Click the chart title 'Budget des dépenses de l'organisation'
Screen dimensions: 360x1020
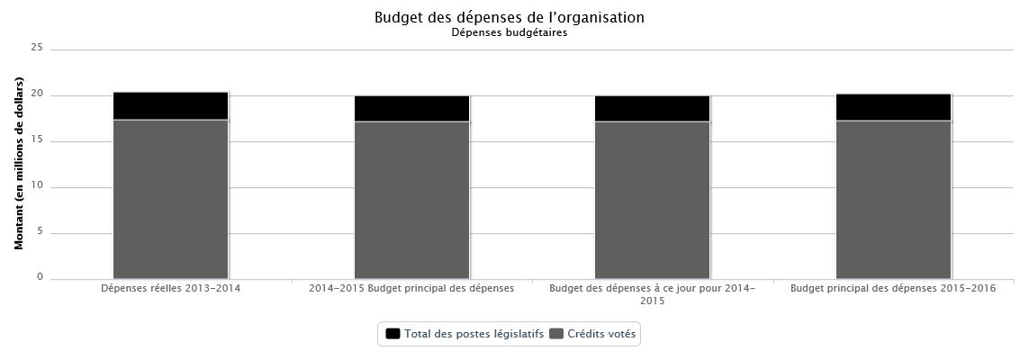(x=509, y=18)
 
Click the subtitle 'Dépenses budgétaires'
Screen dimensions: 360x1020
(x=509, y=33)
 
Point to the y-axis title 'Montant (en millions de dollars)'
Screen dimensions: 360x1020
(x=19, y=164)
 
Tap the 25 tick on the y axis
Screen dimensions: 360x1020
(x=37, y=49)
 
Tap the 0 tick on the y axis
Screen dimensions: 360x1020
(x=40, y=278)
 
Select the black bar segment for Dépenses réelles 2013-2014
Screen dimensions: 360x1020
(x=170, y=106)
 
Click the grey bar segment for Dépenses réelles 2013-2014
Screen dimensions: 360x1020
(x=170, y=199)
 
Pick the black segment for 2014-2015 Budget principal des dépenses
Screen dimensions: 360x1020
(x=411, y=109)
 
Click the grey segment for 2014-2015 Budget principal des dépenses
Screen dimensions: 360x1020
(x=411, y=200)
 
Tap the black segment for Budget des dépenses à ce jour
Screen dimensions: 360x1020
(x=652, y=109)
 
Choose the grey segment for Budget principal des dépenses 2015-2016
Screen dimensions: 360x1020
(x=893, y=200)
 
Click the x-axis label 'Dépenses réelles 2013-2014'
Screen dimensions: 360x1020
(x=170, y=289)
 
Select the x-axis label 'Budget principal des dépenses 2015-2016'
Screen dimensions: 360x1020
(x=893, y=289)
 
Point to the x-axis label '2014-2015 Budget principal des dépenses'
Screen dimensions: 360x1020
(x=411, y=289)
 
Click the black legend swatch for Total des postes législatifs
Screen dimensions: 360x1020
(x=393, y=334)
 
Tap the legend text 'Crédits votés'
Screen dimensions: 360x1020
(x=601, y=334)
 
